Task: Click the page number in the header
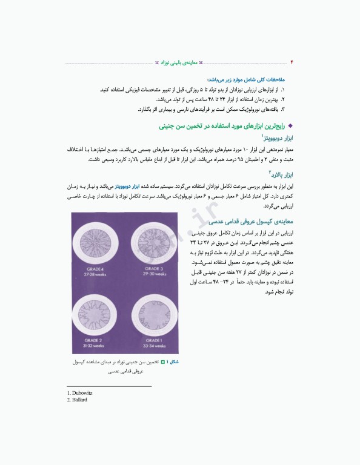[292, 62]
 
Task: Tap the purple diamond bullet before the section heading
[290, 126]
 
